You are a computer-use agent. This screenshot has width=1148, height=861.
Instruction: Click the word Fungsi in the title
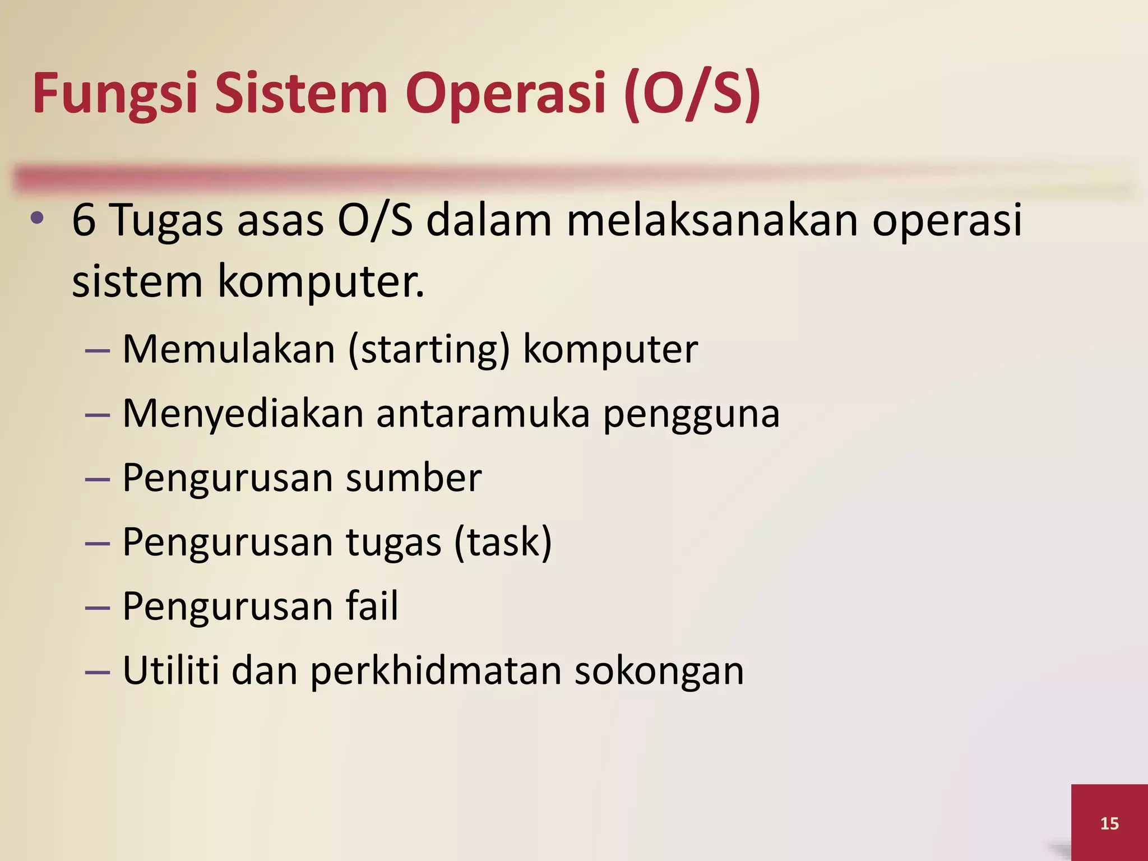[x=115, y=94]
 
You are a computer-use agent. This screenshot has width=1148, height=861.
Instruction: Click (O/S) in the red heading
[x=693, y=94]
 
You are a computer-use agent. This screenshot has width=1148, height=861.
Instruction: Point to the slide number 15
[x=1109, y=823]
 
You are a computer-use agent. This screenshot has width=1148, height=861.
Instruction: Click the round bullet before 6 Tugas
[x=37, y=219]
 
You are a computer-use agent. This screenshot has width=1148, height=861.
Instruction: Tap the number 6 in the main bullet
[x=84, y=220]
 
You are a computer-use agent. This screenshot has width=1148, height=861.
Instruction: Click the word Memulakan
[x=229, y=349]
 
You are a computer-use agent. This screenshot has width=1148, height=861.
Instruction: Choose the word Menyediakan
[x=243, y=414]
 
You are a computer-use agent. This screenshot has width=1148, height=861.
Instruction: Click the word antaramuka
[x=483, y=414]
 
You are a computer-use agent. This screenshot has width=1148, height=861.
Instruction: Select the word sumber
[x=414, y=478]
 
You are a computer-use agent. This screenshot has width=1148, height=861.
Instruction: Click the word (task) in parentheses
[x=503, y=543]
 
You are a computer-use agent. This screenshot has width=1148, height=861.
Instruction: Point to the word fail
[x=372, y=606]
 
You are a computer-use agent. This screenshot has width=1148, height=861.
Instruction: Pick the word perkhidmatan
[x=436, y=671]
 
